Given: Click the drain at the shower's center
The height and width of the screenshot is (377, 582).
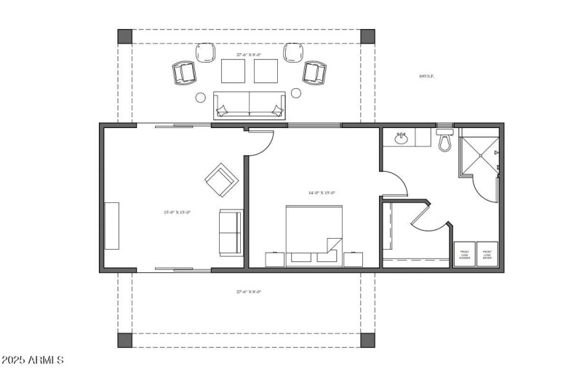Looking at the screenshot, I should point(479,154).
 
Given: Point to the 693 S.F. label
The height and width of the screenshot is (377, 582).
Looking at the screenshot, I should point(426,76).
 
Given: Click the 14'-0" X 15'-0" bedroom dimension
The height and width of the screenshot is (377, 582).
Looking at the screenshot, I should point(322,193).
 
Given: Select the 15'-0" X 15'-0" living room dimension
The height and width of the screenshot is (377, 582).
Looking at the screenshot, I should point(177,212).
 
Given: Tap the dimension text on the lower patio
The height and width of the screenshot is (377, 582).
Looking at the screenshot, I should point(248,292).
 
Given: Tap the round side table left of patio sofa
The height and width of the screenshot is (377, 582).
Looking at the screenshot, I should point(200,96).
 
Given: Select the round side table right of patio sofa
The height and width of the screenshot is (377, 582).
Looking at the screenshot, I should point(296,93).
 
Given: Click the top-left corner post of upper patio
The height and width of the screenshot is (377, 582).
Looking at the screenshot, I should point(125,36).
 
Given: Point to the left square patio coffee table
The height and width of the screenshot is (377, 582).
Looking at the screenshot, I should point(234,71).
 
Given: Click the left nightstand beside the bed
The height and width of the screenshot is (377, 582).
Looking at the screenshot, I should point(275,260).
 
